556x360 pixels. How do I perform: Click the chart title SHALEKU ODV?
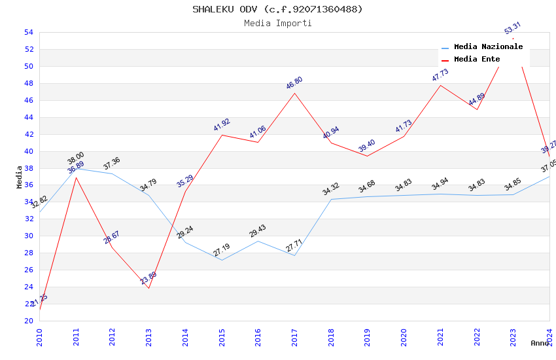click(277, 9)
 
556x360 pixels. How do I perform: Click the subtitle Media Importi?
click(277, 23)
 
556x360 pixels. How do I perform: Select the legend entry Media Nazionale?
click(488, 47)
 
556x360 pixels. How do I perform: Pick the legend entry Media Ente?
click(477, 59)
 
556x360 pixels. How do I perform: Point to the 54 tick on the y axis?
click(28, 32)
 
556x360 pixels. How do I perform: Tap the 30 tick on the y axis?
click(28, 236)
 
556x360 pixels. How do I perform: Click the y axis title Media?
click(20, 177)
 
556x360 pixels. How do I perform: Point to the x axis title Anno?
click(540, 343)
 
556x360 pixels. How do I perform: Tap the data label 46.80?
click(294, 83)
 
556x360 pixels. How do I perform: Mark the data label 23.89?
click(148, 278)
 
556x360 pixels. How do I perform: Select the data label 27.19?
click(222, 249)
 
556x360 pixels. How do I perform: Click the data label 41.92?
click(222, 125)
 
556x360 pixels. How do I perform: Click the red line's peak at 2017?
click(294, 93)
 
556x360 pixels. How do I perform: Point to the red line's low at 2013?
click(148, 288)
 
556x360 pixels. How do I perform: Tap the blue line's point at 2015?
click(222, 260)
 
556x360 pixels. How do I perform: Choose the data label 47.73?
click(440, 75)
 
